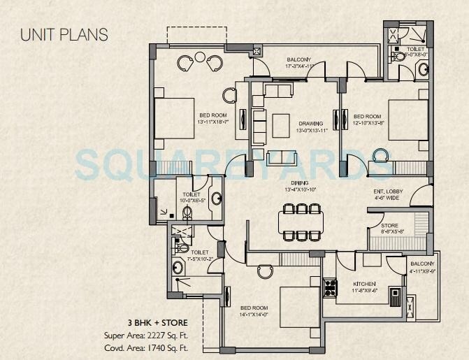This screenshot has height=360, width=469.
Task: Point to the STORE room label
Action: pos(390,225)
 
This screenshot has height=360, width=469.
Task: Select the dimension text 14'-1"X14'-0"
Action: pos(252,315)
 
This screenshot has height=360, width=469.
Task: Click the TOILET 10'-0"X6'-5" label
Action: pos(192,197)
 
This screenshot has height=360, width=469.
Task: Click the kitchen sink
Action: pos(396,296)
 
